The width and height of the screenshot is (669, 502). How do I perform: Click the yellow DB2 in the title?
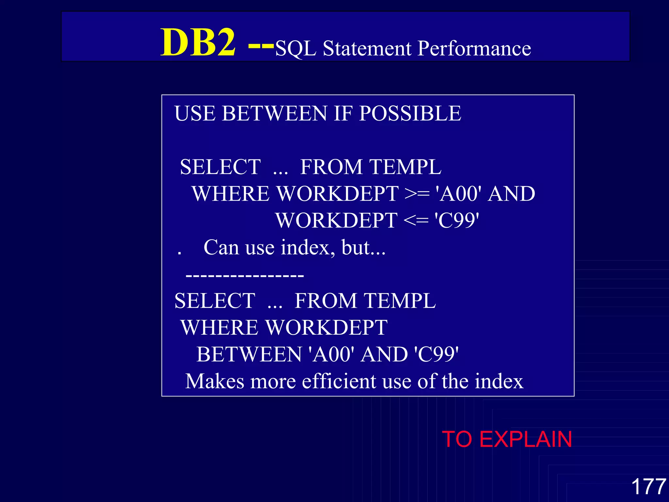point(198,42)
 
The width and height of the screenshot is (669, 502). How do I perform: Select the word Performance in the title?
point(474,48)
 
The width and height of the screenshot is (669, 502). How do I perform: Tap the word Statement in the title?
point(367,48)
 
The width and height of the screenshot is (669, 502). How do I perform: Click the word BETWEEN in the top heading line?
point(274,113)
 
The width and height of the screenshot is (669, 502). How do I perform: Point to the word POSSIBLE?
point(410,113)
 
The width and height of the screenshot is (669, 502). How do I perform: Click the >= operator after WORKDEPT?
point(417,194)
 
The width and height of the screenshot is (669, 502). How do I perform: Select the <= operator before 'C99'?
point(416,221)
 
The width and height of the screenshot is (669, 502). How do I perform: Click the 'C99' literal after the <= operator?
point(457,221)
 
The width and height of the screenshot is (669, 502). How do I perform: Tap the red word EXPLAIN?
point(526,439)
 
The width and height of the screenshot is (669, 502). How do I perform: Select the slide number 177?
point(648,487)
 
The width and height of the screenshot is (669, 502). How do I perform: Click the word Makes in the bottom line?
point(215,381)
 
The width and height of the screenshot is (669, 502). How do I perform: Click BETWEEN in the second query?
point(249,355)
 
